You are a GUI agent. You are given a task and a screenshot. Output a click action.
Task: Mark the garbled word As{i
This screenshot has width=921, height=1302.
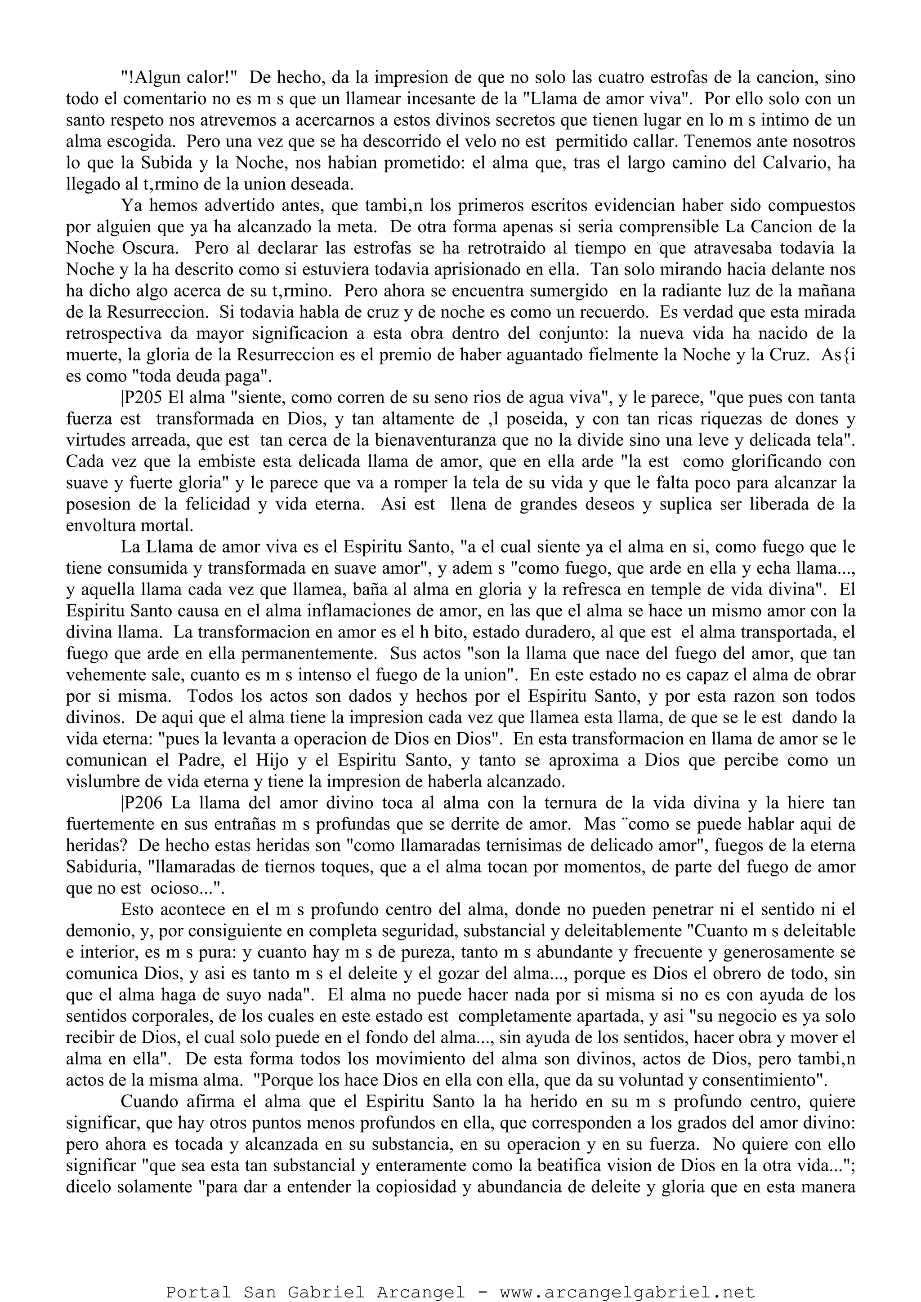point(836,355)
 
